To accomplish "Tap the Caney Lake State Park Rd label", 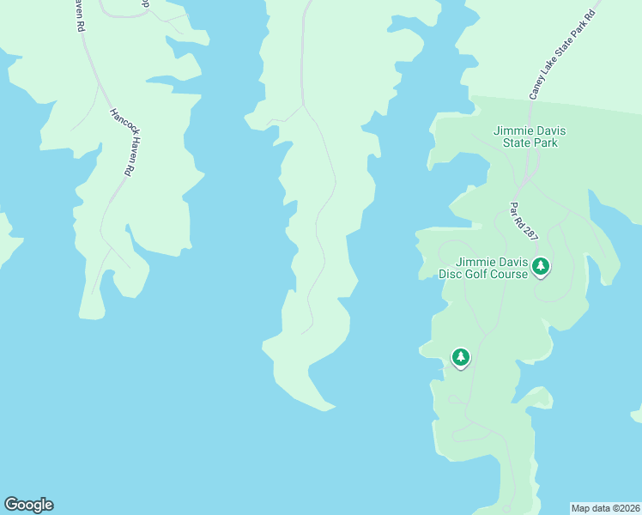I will pos(563,54).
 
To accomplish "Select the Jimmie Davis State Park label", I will pos(525,136).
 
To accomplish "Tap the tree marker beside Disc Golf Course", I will pos(540,267).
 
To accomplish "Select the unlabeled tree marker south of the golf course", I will pos(461,357).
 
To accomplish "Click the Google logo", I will pos(28,505).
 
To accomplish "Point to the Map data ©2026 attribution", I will pos(606,507).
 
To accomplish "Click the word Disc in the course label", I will pos(451,274).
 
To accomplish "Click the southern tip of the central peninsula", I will pos(324,409).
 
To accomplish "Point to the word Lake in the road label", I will pos(549,67).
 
